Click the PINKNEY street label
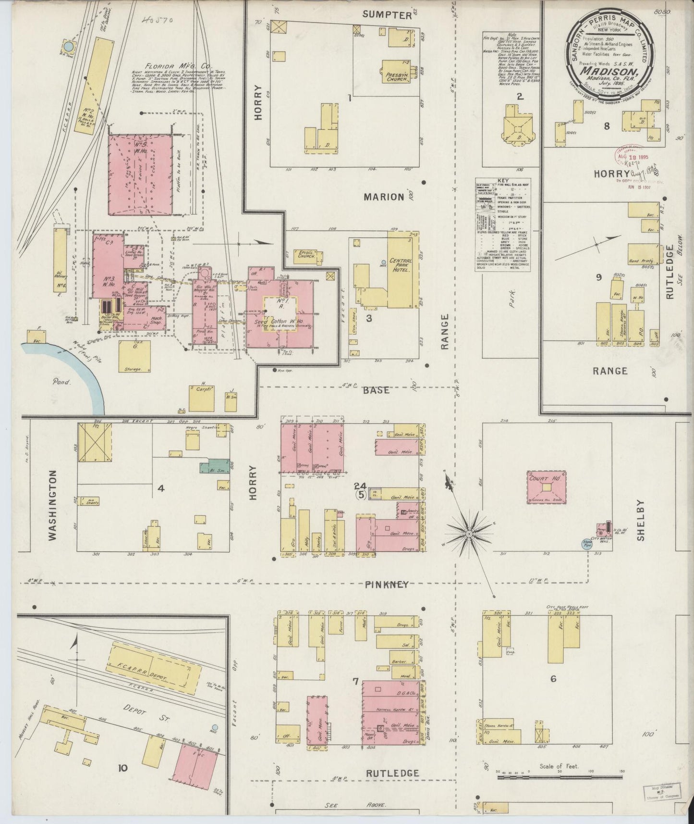387,584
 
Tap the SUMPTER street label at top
387,14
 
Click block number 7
355,681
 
